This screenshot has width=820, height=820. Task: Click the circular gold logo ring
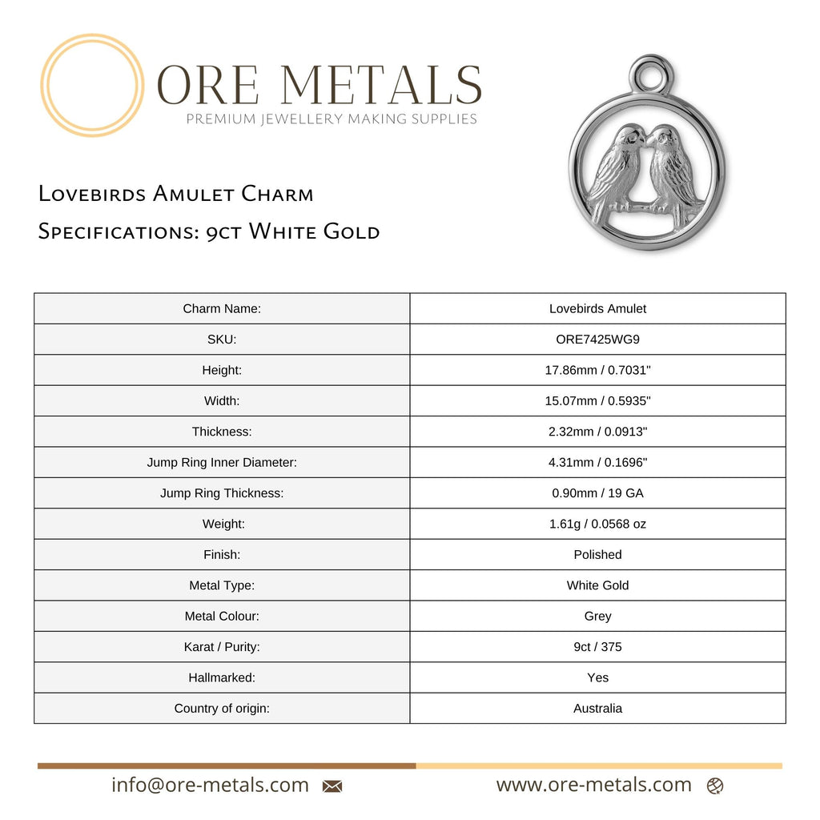click(92, 85)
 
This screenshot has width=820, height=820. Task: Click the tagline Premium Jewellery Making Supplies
click(332, 119)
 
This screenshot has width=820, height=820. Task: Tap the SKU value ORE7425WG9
click(597, 339)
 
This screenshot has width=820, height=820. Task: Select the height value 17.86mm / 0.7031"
click(597, 370)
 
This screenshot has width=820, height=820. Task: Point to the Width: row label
click(222, 400)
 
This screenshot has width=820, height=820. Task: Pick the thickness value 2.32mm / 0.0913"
click(597, 432)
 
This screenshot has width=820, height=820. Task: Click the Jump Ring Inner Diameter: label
click(222, 462)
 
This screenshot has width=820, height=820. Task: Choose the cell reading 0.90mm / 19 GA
click(597, 493)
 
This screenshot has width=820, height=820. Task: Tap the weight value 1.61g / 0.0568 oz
click(597, 524)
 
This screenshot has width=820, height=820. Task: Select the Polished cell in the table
click(597, 554)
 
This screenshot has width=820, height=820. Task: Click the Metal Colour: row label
click(222, 616)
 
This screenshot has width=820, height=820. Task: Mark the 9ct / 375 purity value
click(597, 646)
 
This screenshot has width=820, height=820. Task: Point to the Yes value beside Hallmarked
click(597, 677)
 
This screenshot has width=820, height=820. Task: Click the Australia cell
click(597, 708)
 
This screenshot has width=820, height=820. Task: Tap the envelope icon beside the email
click(332, 786)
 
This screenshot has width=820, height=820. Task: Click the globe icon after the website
click(715, 786)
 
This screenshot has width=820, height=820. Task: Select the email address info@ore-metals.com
click(210, 785)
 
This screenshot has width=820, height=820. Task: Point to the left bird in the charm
click(616, 170)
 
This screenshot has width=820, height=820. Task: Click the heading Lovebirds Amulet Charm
click(176, 194)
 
